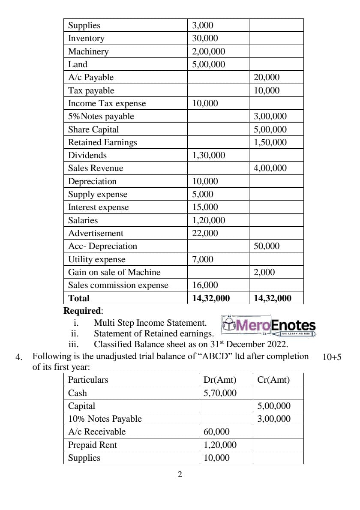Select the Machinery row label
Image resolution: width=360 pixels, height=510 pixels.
click(88, 51)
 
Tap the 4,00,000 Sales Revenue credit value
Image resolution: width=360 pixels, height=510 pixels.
click(270, 168)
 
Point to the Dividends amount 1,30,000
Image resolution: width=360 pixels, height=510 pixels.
click(208, 155)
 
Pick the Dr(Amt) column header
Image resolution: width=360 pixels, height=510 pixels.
click(220, 380)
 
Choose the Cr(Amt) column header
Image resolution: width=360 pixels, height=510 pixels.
click(273, 380)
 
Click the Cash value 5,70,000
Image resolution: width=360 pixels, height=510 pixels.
click(220, 393)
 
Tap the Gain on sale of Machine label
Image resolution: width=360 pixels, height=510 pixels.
click(114, 272)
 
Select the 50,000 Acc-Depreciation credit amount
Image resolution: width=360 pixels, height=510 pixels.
click(267, 246)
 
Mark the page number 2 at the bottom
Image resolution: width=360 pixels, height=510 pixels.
click(180, 474)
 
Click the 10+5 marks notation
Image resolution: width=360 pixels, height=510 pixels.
click(332, 357)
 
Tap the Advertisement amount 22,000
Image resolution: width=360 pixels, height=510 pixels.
click(205, 233)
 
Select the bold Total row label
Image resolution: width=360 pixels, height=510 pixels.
click(79, 298)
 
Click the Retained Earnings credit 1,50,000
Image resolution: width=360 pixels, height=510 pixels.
click(270, 142)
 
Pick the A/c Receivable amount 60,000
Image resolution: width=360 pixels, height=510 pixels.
click(216, 432)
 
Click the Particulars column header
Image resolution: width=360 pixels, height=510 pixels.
click(88, 380)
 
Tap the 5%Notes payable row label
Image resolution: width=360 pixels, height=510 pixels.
click(101, 116)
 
